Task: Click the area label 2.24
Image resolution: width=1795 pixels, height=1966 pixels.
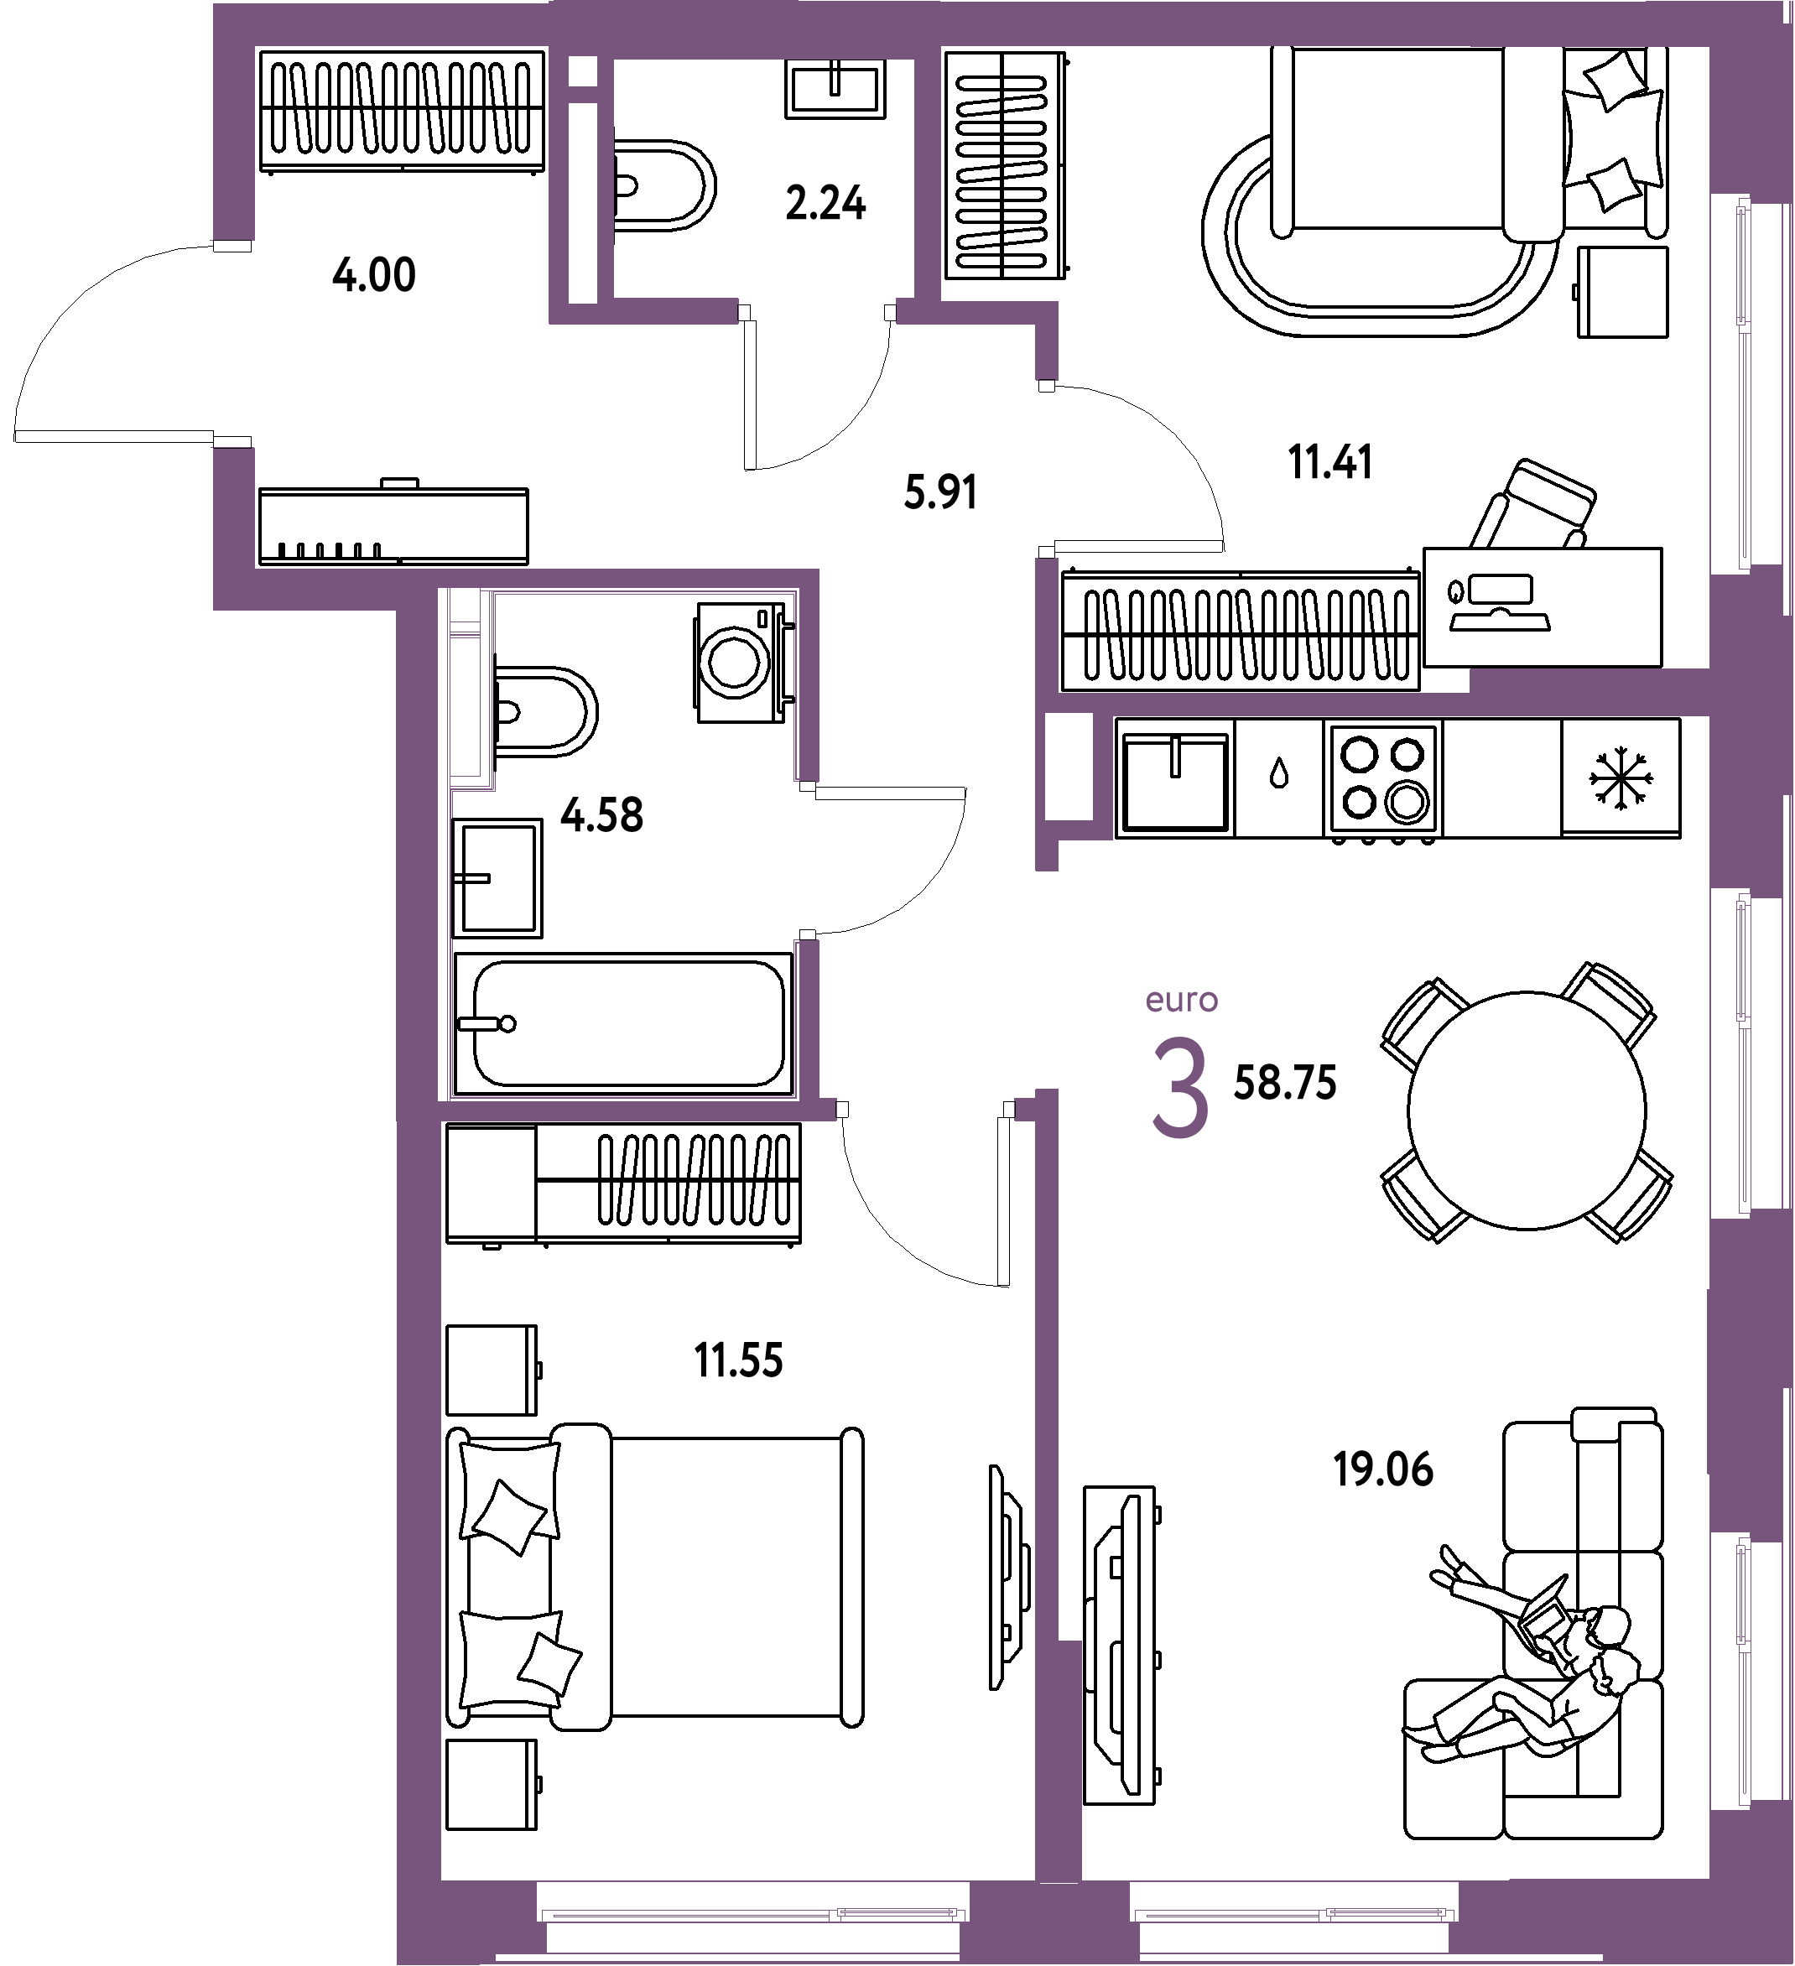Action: tap(826, 203)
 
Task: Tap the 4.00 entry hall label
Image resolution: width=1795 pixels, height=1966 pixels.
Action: tap(374, 275)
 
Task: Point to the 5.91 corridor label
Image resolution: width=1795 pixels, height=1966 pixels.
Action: tap(940, 491)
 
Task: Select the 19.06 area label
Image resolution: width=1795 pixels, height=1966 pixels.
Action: tap(1383, 1469)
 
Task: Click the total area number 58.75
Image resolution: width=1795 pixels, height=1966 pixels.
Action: tap(1285, 1083)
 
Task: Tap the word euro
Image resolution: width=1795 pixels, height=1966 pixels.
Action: tap(1182, 1001)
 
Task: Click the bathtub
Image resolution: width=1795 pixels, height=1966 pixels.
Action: tap(624, 1024)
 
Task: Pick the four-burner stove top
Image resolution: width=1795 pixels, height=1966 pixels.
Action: tap(1383, 779)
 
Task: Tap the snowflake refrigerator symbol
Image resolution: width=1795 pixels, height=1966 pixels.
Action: tap(1621, 778)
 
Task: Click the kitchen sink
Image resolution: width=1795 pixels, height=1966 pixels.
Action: tap(1175, 778)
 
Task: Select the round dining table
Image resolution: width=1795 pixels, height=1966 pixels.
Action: tap(1527, 1110)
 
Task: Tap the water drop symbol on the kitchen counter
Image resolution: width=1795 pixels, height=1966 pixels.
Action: tap(1279, 774)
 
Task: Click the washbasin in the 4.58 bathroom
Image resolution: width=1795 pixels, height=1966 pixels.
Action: tap(497, 877)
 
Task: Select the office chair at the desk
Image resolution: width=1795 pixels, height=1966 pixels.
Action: tap(1532, 503)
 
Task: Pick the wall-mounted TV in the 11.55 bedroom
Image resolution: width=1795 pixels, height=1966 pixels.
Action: tap(1008, 1577)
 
